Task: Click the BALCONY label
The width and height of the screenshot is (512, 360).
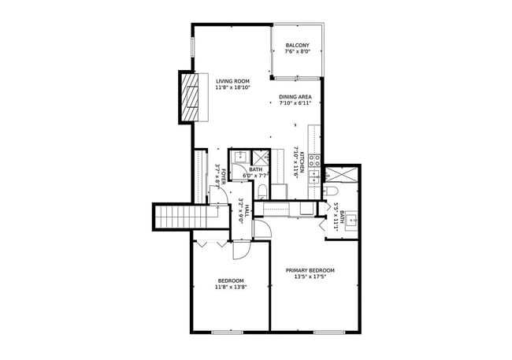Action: tap(297, 46)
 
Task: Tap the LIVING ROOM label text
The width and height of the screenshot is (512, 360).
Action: tap(233, 81)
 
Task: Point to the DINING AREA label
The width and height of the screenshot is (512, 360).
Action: tap(295, 97)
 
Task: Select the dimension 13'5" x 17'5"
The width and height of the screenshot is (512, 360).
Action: tap(310, 276)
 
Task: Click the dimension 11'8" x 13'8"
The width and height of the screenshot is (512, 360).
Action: tap(231, 288)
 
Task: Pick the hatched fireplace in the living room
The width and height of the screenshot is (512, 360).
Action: tap(190, 97)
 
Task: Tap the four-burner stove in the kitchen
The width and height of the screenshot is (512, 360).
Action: tap(315, 161)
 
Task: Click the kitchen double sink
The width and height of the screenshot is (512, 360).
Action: tap(314, 176)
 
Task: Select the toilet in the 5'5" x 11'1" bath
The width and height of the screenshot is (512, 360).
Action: tap(329, 191)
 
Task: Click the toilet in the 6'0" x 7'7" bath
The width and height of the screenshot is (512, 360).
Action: tap(263, 191)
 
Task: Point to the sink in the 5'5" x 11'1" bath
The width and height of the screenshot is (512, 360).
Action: tap(351, 221)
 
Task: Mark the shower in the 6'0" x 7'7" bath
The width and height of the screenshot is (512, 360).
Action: tap(261, 158)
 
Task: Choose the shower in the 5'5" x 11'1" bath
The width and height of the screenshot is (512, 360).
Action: tap(341, 175)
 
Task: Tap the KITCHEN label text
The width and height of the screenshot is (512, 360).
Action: tap(302, 162)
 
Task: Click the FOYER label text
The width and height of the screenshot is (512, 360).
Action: tap(224, 176)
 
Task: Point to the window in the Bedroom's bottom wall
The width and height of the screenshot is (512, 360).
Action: tap(228, 332)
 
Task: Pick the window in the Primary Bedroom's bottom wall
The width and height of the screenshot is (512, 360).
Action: tap(329, 332)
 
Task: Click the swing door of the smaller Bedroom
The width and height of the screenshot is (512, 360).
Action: tap(241, 251)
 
